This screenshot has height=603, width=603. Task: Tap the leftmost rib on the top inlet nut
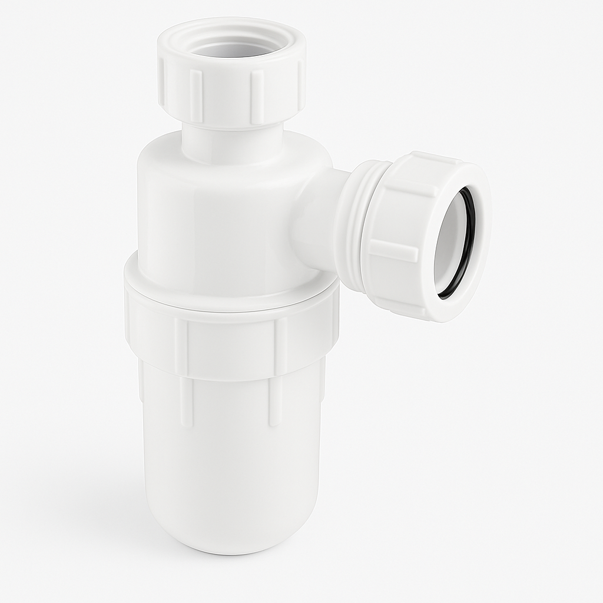tap(163, 88)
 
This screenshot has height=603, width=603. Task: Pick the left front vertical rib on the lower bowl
tap(186, 400)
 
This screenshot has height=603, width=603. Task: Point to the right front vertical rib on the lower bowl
tap(274, 400)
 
